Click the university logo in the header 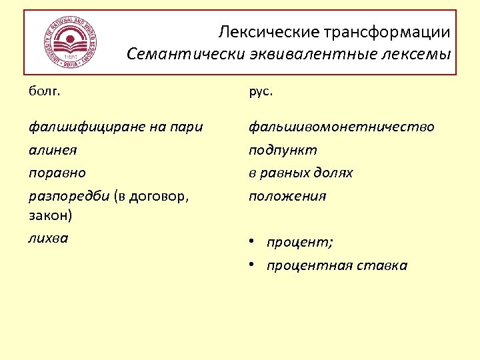(70, 41)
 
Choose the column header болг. (44, 91)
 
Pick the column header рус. (261, 91)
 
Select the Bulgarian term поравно (57, 173)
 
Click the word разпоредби (69, 196)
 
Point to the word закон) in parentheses (51, 215)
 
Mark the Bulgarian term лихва (48, 238)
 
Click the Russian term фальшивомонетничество (341, 127)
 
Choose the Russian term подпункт (283, 150)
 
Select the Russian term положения (287, 196)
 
